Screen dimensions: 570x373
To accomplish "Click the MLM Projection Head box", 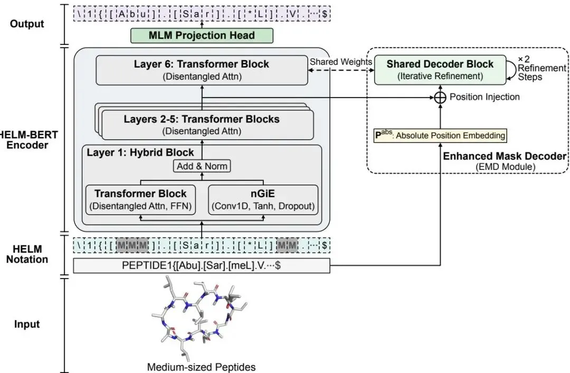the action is [202, 35].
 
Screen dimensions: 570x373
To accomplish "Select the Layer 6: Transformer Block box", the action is [202, 70].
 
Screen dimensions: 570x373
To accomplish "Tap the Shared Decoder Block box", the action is [440, 70].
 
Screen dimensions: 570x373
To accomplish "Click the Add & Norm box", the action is [202, 166].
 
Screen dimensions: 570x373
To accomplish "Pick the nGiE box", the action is [263, 199].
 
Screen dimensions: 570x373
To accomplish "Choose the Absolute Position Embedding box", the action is [440, 136].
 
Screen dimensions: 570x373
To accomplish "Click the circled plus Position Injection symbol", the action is [440, 98].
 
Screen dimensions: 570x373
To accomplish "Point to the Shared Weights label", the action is [340, 62].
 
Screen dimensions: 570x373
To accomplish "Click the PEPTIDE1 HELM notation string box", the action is [202, 265].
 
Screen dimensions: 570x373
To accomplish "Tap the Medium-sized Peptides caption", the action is [202, 367].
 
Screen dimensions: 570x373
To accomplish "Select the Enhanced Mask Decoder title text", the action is [505, 156].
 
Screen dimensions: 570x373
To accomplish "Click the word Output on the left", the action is [27, 24].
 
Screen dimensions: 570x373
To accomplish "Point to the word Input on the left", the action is [27, 324].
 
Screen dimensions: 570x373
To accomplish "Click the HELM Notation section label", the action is [27, 254].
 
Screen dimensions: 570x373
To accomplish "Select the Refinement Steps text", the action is [541, 72].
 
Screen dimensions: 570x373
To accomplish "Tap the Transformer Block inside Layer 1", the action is [141, 199].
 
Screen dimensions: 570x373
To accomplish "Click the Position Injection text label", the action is [484, 97].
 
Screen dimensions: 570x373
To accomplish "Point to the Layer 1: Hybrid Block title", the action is [140, 152].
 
